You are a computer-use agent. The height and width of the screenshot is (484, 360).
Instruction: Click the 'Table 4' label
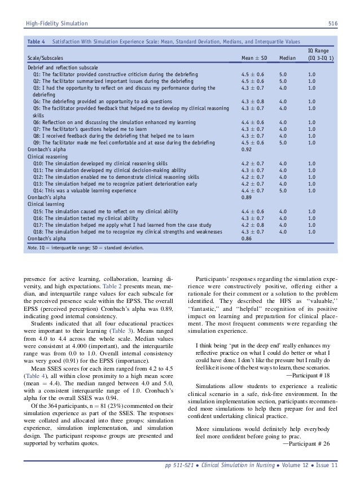pyautogui.click(x=37, y=42)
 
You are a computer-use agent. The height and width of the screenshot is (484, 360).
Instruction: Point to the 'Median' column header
pyautogui.click(x=288, y=58)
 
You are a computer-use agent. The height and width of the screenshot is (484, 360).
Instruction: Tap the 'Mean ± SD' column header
pyautogui.click(x=254, y=58)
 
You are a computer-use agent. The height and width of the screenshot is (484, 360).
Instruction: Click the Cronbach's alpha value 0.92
pyautogui.click(x=247, y=150)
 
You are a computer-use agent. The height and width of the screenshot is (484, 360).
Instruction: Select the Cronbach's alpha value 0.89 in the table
pyautogui.click(x=247, y=198)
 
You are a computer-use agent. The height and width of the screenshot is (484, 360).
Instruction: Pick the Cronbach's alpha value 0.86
pyautogui.click(x=247, y=239)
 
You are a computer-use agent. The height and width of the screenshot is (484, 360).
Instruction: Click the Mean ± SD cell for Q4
pyautogui.click(x=254, y=101)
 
